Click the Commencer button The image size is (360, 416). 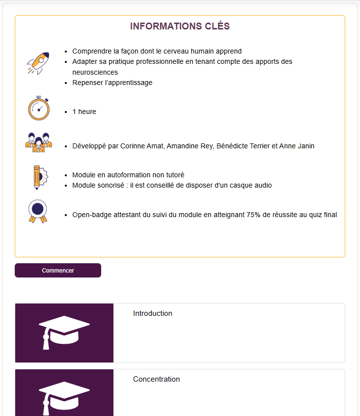58,271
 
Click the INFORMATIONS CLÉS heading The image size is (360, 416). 180,27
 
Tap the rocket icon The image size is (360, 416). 38,63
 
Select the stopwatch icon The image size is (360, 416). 38,109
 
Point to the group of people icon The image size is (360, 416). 38,142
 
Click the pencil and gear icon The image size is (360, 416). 38,177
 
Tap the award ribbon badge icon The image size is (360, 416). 38,211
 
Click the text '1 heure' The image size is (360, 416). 84,111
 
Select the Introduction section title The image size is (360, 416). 153,313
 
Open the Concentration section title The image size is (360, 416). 156,379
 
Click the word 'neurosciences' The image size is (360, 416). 95,72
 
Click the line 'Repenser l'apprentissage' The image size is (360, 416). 112,83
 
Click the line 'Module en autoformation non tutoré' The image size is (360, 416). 128,175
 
